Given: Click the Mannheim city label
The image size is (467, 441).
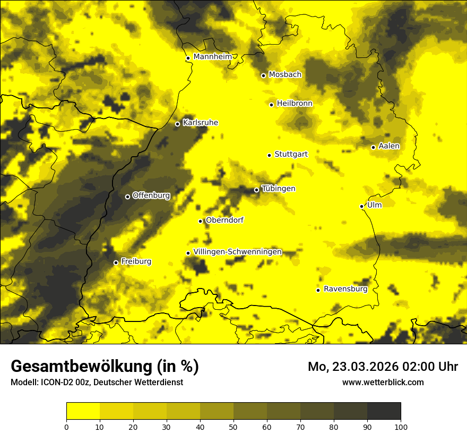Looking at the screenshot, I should [x=212, y=57].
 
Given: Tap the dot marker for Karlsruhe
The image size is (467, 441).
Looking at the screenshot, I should [x=177, y=124].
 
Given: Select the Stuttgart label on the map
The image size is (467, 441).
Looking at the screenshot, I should [x=291, y=154].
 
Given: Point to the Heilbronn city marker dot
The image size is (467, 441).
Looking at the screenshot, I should [x=271, y=105].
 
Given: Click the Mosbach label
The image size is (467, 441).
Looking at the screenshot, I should [x=285, y=75].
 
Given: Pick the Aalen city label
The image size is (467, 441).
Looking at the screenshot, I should [x=389, y=146].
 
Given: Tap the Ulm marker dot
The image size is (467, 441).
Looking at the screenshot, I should [x=361, y=206].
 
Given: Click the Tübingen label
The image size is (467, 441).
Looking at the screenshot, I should [x=279, y=189].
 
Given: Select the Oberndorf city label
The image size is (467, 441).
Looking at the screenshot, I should [x=224, y=220].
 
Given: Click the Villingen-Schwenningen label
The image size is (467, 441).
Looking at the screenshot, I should [x=238, y=252].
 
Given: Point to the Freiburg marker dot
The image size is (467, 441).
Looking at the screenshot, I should [x=116, y=262].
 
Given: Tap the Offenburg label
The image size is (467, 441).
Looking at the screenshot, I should [x=151, y=196].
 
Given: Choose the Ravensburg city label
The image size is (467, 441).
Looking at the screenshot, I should [x=345, y=289].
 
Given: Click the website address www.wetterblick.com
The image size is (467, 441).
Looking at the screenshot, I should [x=383, y=382].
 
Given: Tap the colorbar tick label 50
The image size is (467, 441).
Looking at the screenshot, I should [x=233, y=427].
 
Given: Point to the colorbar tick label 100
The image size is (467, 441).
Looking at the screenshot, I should [x=401, y=427].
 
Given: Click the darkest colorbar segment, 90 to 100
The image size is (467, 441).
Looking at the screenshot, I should [x=384, y=411].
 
